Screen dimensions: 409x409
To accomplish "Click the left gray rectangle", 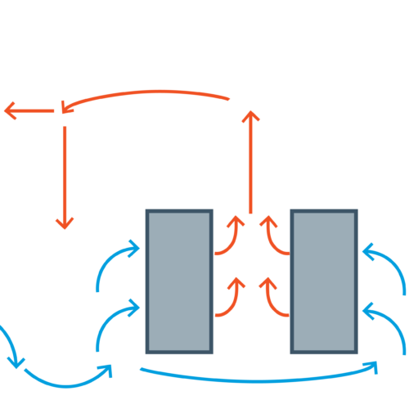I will coord(179,281).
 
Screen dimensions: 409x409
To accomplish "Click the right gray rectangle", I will coord(324,281).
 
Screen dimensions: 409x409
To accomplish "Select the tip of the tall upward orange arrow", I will coord(250,111).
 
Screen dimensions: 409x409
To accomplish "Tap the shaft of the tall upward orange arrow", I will coord(250,164).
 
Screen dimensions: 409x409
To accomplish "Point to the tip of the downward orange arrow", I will coord(65,228).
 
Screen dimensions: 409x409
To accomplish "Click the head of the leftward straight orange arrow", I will coord(7,110).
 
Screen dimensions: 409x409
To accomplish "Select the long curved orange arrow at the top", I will coord(147,92).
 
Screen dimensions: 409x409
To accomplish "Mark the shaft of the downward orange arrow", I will coord(65,172).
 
